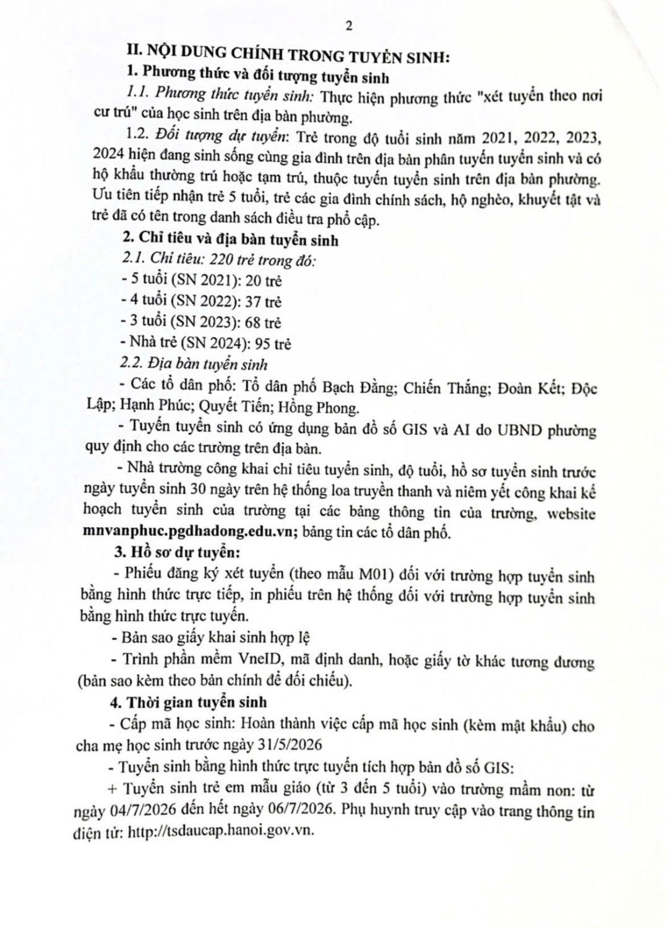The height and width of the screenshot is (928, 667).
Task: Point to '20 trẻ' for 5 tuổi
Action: pos(264,281)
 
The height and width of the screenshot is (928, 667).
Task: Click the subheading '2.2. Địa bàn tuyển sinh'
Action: pos(195,364)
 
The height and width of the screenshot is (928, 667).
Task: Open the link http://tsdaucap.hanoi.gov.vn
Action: pos(221,832)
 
